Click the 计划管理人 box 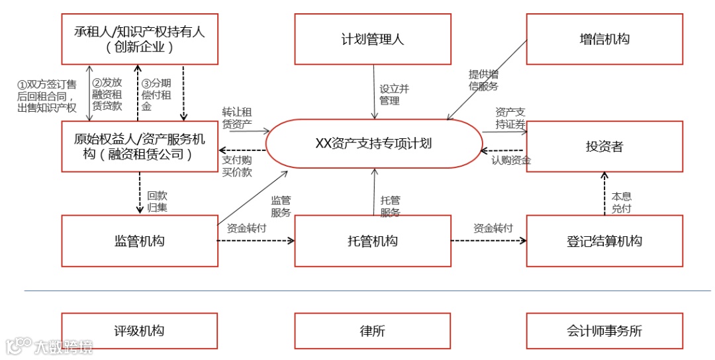pyautogui.click(x=373, y=40)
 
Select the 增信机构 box pyautogui.click(x=604, y=40)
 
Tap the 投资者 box pyautogui.click(x=604, y=147)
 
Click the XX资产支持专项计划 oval pyautogui.click(x=374, y=143)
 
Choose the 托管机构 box pyautogui.click(x=373, y=241)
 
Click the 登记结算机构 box pyautogui.click(x=604, y=241)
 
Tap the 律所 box pyautogui.click(x=373, y=331)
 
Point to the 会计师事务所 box pyautogui.click(x=604, y=331)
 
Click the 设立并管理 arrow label pyautogui.click(x=390, y=95)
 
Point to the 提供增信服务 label pyautogui.click(x=483, y=80)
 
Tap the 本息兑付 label pyautogui.click(x=621, y=202)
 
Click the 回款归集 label pyautogui.click(x=157, y=202)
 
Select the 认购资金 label pyautogui.click(x=511, y=159)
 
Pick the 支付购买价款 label pyautogui.click(x=237, y=166)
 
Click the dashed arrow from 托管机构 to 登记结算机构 pyautogui.click(x=489, y=241)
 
